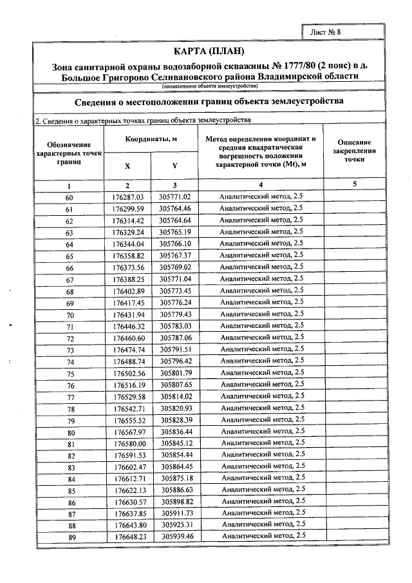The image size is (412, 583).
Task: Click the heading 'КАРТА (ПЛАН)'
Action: (x=209, y=51)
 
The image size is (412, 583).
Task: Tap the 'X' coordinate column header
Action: (x=127, y=166)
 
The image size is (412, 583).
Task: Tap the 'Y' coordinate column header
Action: (x=174, y=166)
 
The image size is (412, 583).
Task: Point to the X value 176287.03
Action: (x=127, y=196)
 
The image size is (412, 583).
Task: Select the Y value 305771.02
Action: (x=176, y=196)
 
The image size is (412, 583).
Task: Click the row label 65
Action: (x=70, y=256)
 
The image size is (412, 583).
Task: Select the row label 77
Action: (x=70, y=397)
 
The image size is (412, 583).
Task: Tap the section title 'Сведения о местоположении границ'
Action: (x=209, y=102)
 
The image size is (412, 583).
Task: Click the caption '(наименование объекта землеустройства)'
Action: (x=209, y=86)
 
